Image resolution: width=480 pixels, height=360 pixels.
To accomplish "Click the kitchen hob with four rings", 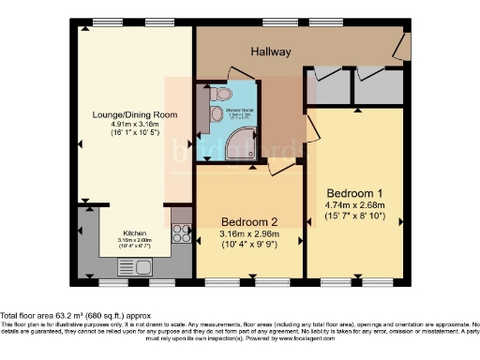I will tap(182, 235).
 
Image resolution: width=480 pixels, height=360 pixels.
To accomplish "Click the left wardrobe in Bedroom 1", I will tap(328, 86).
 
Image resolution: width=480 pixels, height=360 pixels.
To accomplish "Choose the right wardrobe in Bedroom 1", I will tap(378, 86).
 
